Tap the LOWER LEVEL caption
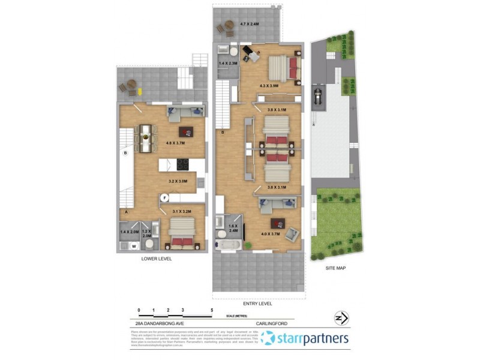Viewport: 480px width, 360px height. click(x=156, y=259)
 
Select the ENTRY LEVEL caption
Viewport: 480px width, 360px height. click(x=259, y=304)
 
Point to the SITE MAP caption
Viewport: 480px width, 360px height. click(x=335, y=268)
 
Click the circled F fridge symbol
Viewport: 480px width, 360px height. click(x=163, y=197)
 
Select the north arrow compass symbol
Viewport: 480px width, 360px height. click(x=340, y=317)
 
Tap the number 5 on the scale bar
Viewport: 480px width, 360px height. click(x=212, y=310)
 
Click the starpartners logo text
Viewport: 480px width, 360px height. click(x=312, y=338)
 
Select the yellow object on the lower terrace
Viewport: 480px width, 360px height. click(x=140, y=91)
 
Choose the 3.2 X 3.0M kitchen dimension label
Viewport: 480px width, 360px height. click(x=178, y=181)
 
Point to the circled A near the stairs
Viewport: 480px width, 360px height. click(x=126, y=211)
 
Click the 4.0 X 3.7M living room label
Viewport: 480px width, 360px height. click(x=270, y=233)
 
